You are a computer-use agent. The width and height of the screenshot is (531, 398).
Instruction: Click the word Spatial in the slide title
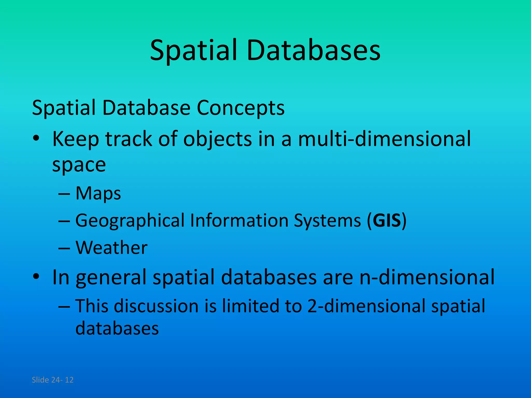[193, 51]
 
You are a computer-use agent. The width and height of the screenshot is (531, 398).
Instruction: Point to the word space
[79, 165]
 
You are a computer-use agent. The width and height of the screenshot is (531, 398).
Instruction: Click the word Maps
[98, 194]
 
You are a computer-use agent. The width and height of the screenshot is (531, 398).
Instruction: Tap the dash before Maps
[64, 194]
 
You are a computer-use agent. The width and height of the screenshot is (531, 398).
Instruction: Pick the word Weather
[111, 248]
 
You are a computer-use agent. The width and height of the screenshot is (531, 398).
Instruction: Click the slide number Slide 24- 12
[53, 380]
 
